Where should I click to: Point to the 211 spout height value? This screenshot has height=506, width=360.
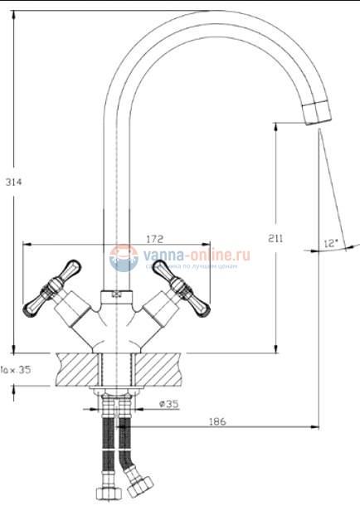point(276,238)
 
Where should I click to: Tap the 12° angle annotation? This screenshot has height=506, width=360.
point(332,243)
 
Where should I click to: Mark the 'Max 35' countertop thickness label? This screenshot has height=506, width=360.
point(16,370)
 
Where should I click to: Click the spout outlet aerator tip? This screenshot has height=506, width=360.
point(317,114)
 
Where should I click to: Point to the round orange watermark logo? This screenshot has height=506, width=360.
point(124,259)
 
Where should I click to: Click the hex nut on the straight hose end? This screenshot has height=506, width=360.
point(106,495)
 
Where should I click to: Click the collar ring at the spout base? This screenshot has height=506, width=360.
point(117,294)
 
